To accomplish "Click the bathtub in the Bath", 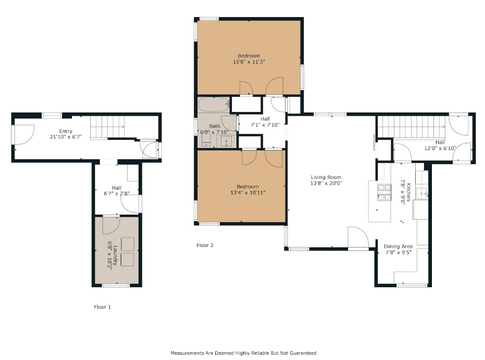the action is (214, 105).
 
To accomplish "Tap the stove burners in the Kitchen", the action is (384, 192).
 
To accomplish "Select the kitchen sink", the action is (422, 193).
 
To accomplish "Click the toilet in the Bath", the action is (206, 140).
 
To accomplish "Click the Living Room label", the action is (326, 177).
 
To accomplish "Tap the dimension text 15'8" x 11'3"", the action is (248, 62).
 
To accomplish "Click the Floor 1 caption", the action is (102, 307).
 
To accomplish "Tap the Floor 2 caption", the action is (205, 245).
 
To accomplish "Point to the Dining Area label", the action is (398, 246).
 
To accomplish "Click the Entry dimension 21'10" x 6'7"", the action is (66, 136).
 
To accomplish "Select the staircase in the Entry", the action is (107, 127).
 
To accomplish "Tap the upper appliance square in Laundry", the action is (127, 244).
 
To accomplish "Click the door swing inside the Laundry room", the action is (111, 225).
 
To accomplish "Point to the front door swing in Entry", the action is (23, 134).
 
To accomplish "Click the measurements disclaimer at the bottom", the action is (243, 353).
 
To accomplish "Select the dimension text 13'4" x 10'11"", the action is (248, 193).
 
